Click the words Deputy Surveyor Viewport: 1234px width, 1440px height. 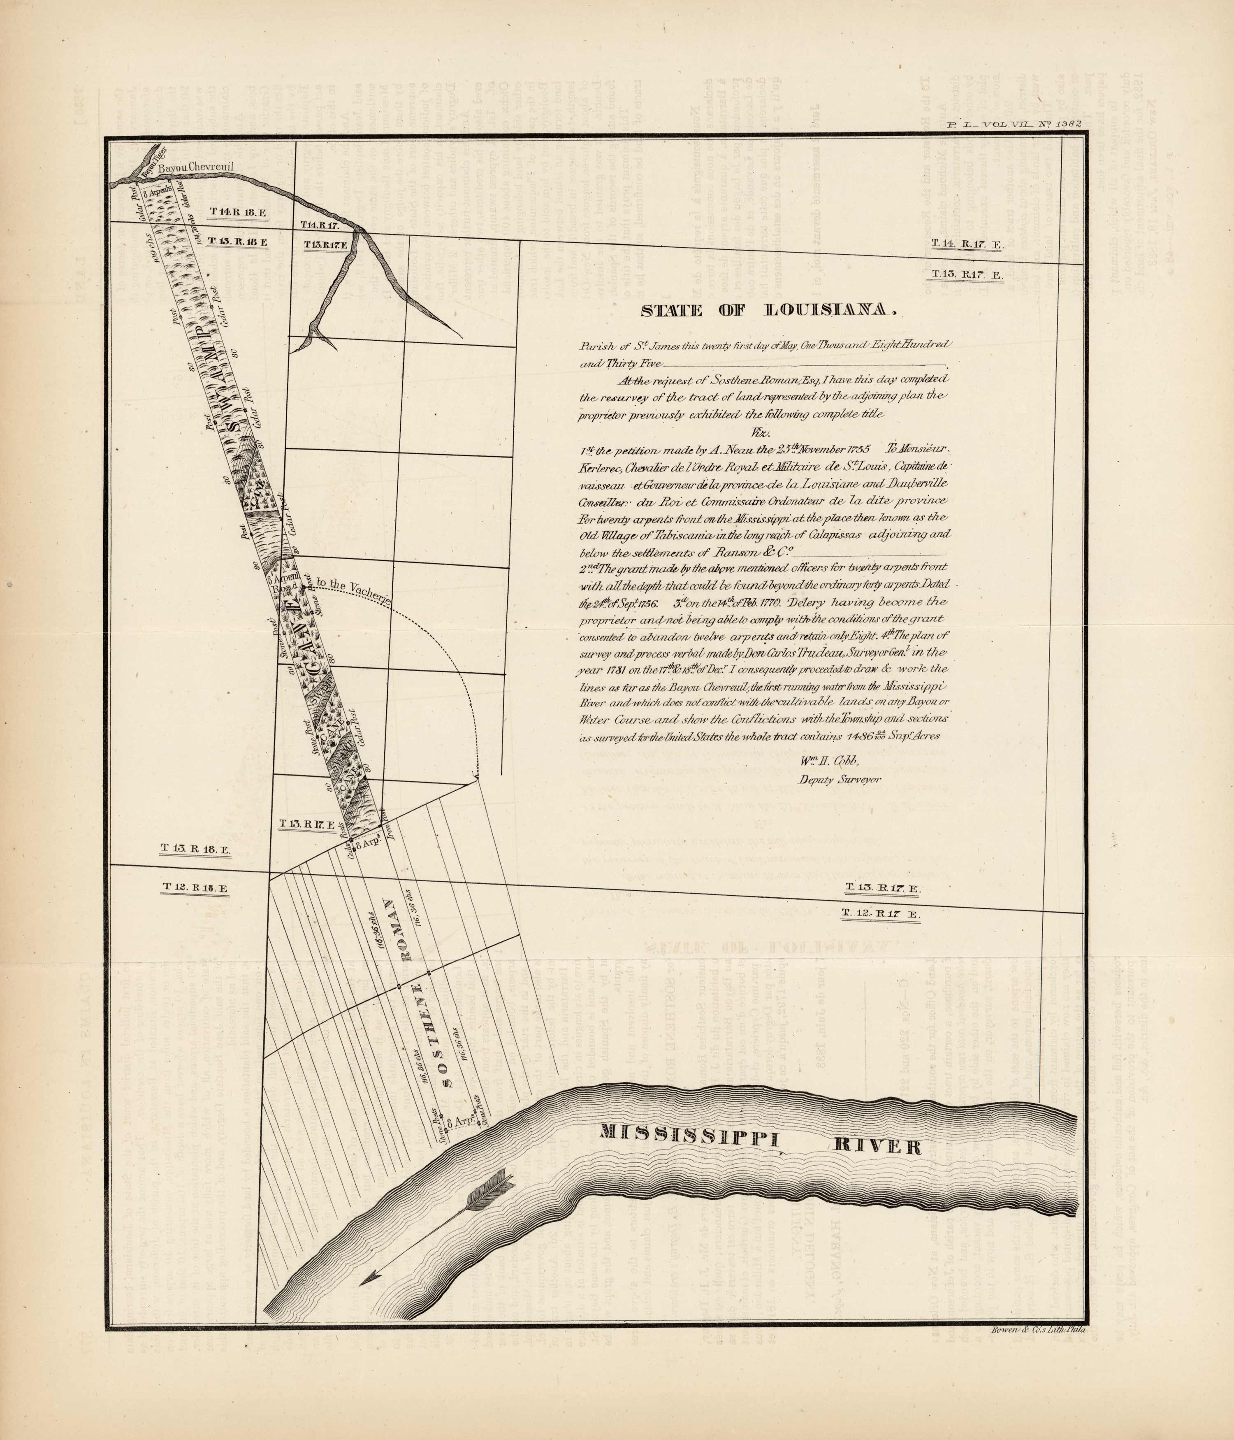840,780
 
